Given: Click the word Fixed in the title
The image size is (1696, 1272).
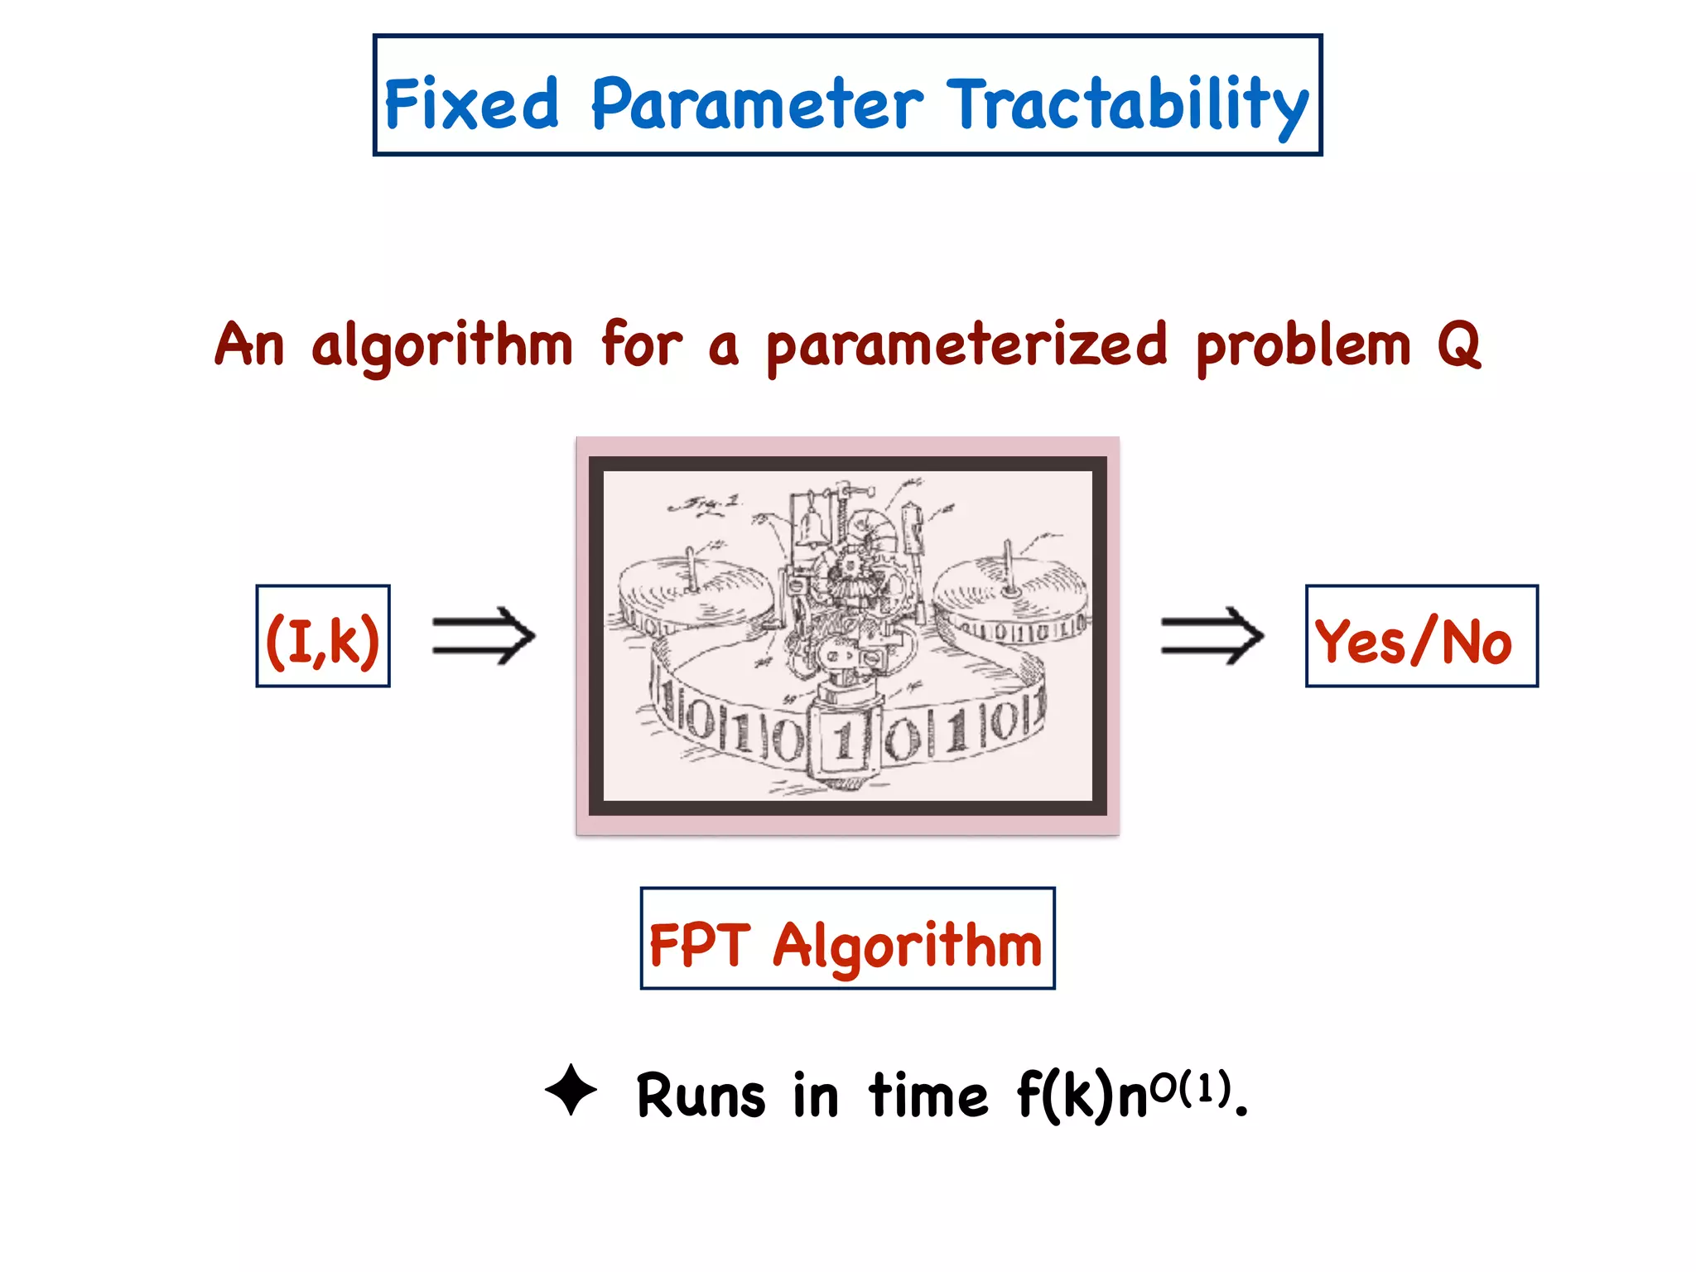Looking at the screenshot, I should click(x=472, y=104).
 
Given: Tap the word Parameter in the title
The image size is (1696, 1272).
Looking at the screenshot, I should click(x=756, y=104).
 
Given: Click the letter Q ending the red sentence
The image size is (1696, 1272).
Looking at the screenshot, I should click(x=1458, y=344).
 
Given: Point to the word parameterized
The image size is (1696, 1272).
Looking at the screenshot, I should click(x=966, y=346).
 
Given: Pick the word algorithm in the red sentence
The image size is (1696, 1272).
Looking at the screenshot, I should click(x=441, y=346).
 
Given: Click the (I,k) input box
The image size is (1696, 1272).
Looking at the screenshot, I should click(x=323, y=637).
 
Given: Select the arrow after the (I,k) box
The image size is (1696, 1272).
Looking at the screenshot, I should click(x=484, y=636).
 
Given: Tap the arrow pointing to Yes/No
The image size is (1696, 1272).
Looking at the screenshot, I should click(x=1212, y=636).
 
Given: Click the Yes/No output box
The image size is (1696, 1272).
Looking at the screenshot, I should click(x=1421, y=637).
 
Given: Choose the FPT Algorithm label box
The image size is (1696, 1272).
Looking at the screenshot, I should click(x=847, y=939).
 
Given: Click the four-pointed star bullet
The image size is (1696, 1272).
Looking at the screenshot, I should click(x=571, y=1090).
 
